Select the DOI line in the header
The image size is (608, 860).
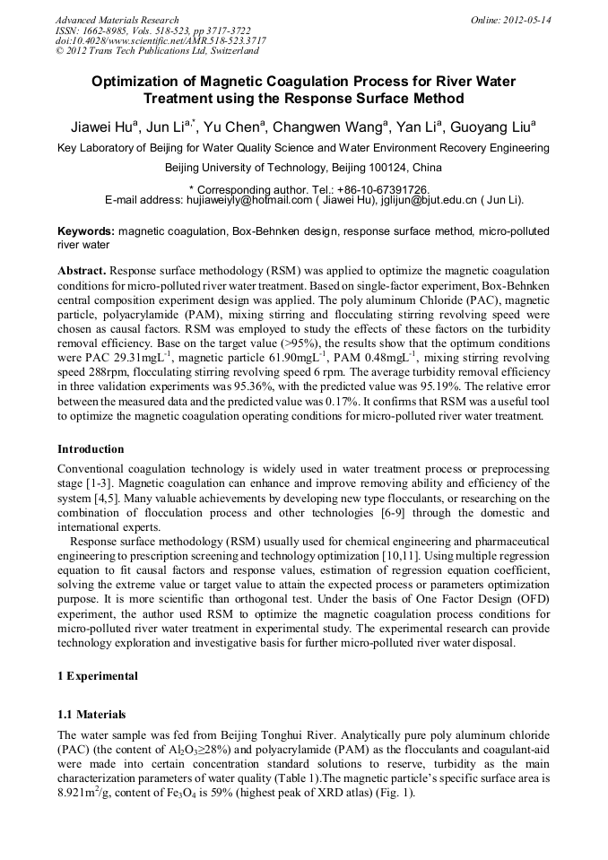coord(161,41)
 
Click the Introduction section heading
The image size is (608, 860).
coord(91,448)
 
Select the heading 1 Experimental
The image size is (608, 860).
coord(98,675)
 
